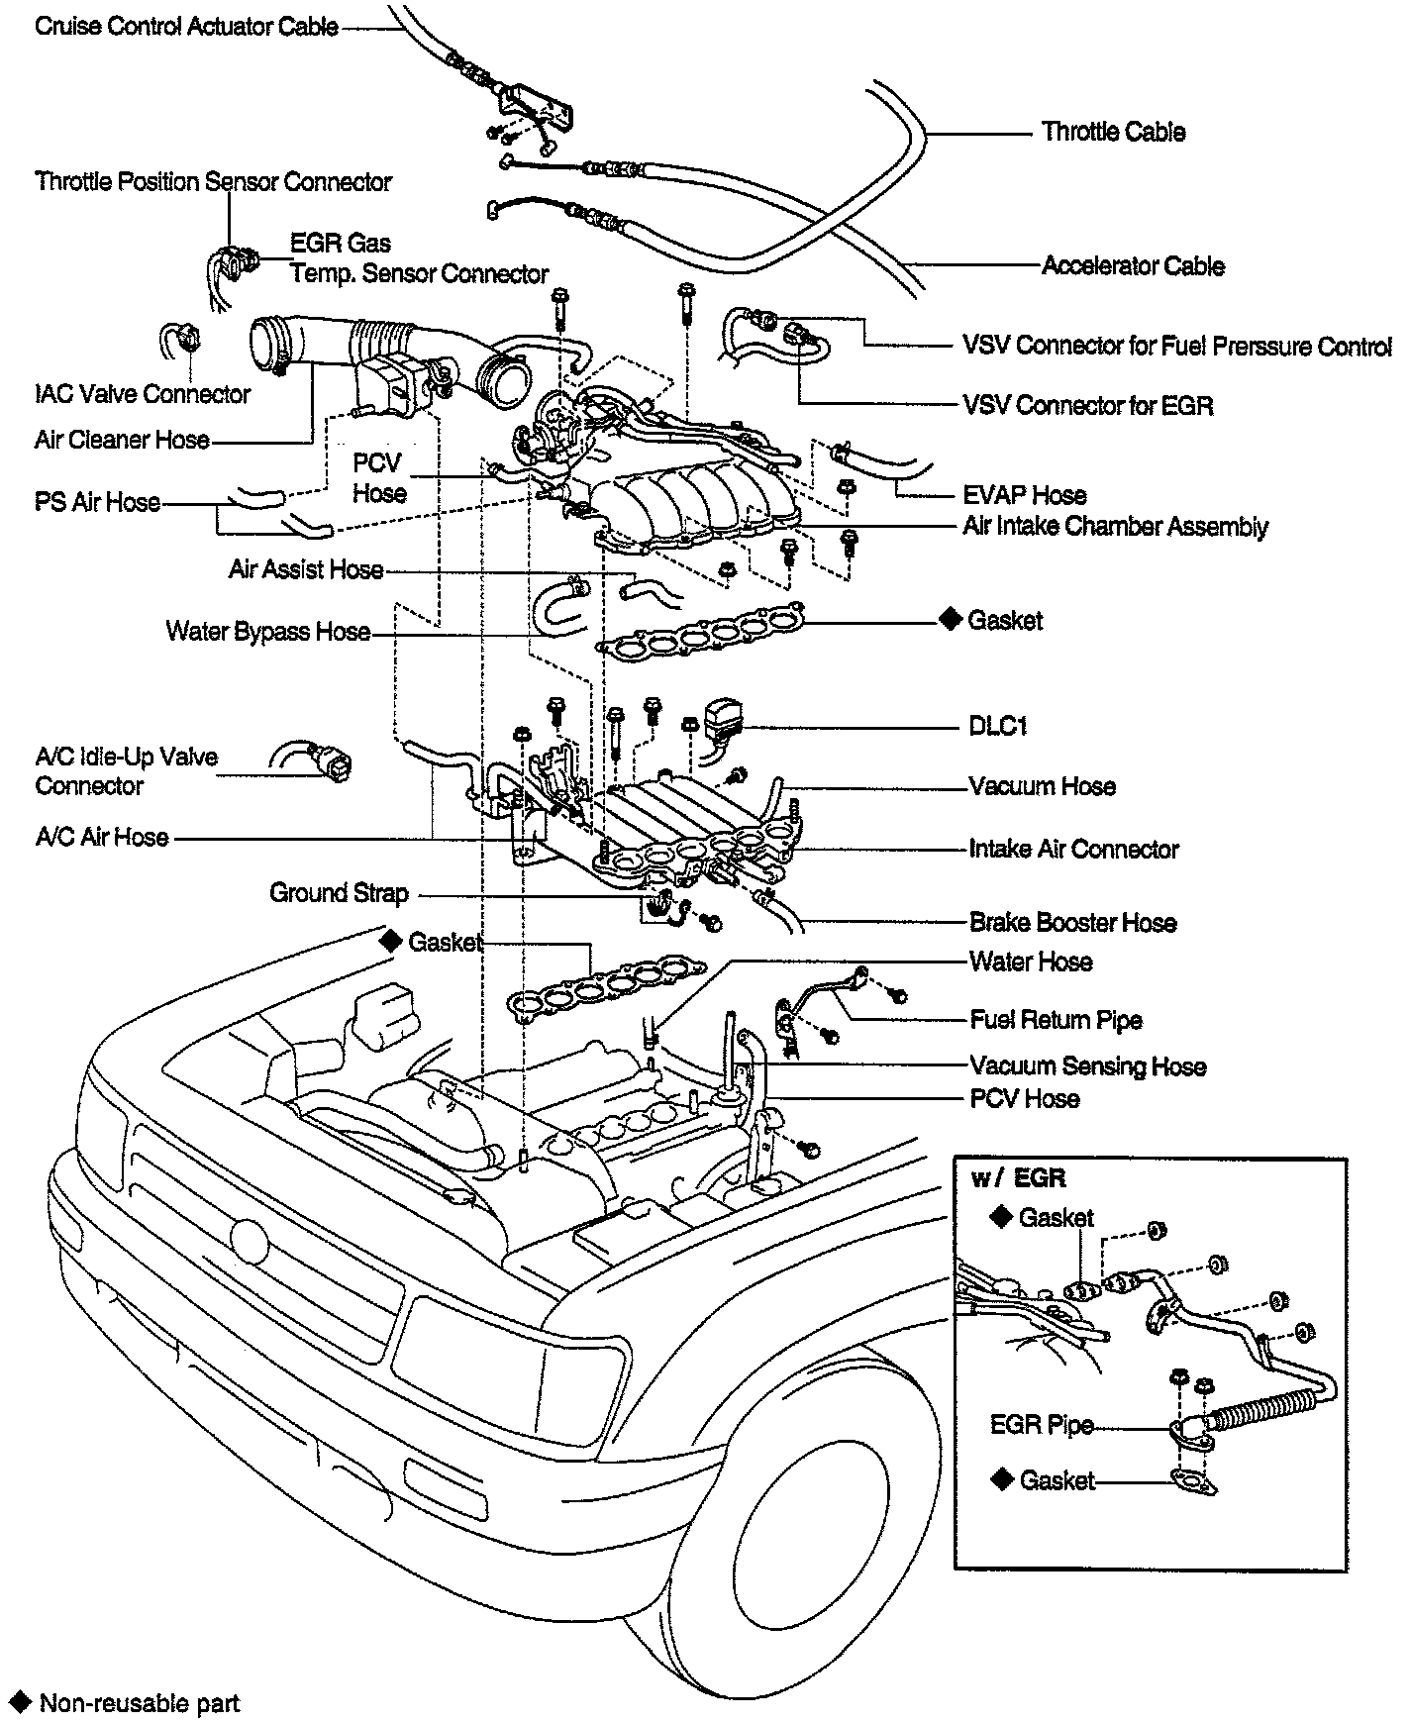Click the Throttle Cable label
(x=1113, y=133)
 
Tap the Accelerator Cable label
(x=1133, y=266)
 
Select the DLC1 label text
(x=998, y=727)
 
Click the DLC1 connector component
(x=724, y=717)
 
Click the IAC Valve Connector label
(x=143, y=394)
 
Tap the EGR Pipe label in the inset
(x=1042, y=1425)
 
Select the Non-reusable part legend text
(x=139, y=1703)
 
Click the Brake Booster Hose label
(x=1073, y=923)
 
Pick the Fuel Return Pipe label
(x=1056, y=1020)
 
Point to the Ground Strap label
(x=339, y=893)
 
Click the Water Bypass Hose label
(x=267, y=632)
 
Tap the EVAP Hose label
(x=1024, y=495)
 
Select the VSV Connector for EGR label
(x=1087, y=406)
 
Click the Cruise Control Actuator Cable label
(x=186, y=27)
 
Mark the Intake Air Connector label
(x=1073, y=850)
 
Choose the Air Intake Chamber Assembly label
(x=1115, y=527)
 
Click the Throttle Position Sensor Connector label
(x=213, y=182)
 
